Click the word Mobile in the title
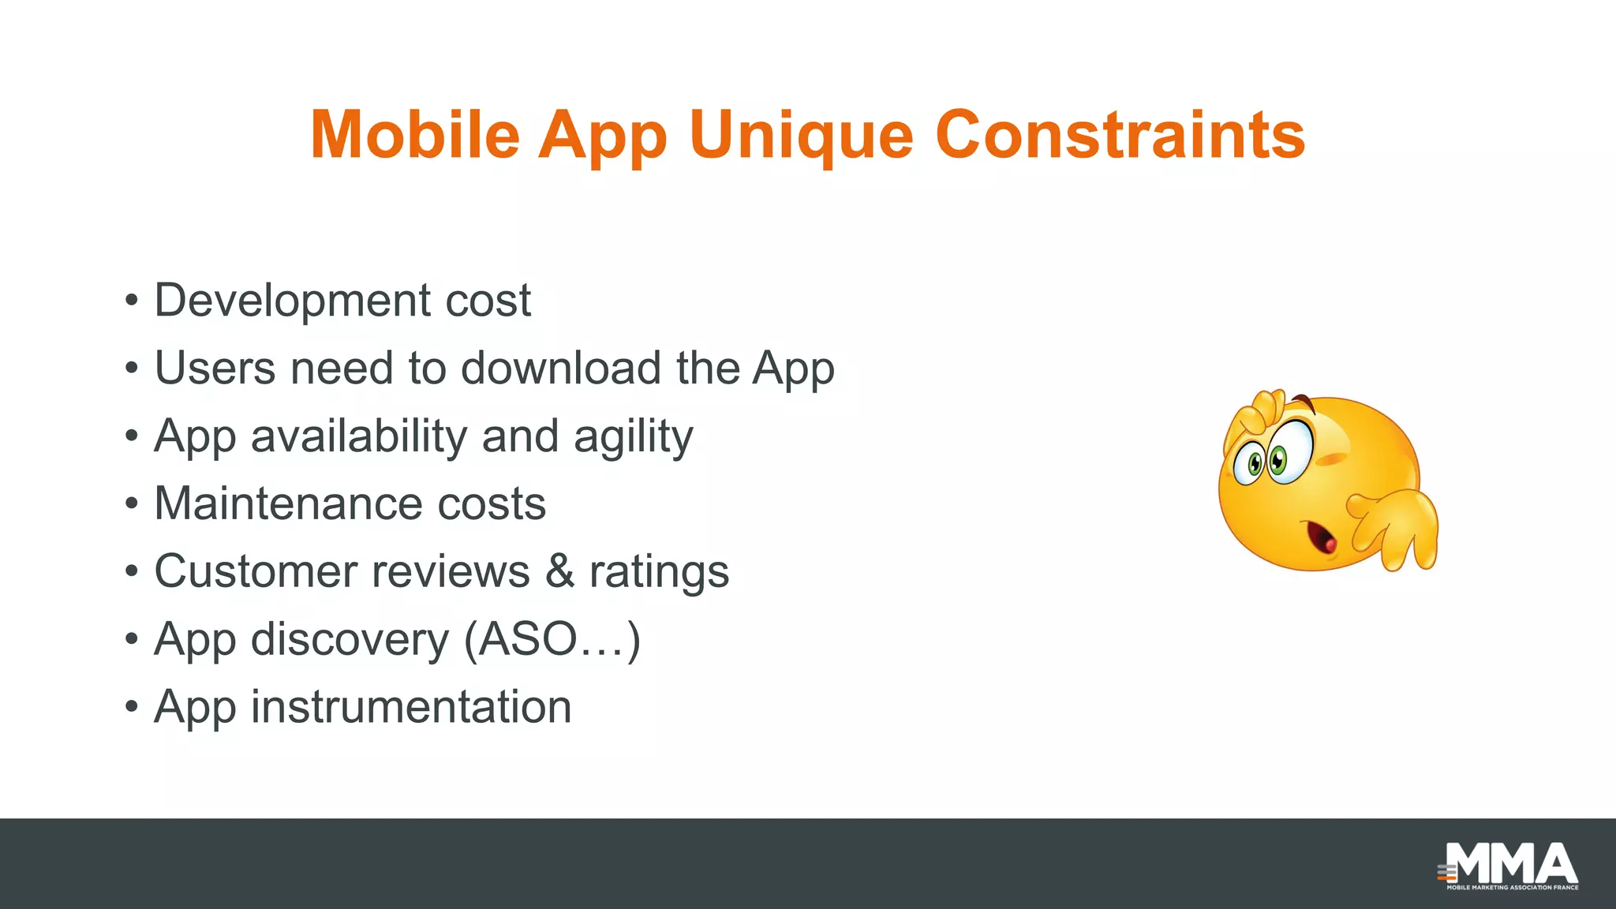pos(415,134)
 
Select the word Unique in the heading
pos(800,136)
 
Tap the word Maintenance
pos(288,504)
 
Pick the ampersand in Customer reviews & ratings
pos(559,571)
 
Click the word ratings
pos(659,573)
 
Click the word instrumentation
pos(411,707)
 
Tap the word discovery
pos(350,640)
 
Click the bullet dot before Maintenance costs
pos(132,505)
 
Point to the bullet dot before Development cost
pos(132,301)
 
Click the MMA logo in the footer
pos(1509,866)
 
